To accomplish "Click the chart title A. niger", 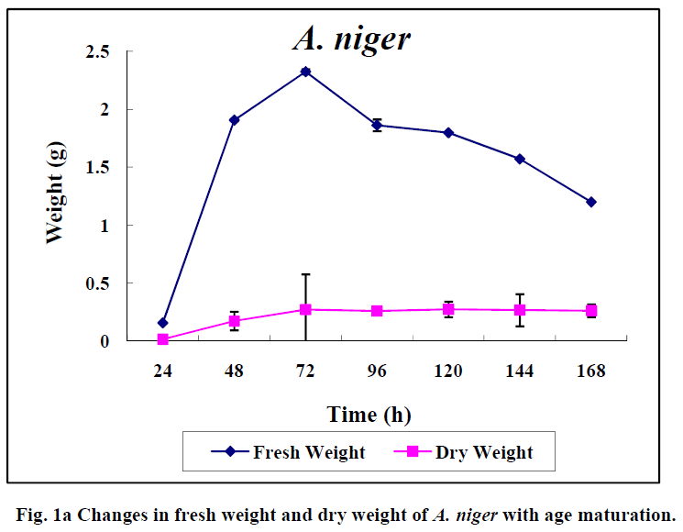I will pyautogui.click(x=351, y=39).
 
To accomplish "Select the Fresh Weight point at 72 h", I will pyautogui.click(x=305, y=72).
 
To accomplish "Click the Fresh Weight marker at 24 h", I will pyautogui.click(x=162, y=323).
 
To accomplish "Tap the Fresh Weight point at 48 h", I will pyautogui.click(x=234, y=120).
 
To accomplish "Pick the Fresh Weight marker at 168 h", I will pyautogui.click(x=591, y=202).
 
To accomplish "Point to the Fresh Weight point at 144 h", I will pyautogui.click(x=520, y=159).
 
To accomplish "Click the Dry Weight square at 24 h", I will pyautogui.click(x=162, y=339).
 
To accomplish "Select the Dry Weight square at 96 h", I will pyautogui.click(x=377, y=311).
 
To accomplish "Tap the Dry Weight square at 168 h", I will pyautogui.click(x=591, y=311).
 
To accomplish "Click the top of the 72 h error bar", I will pyautogui.click(x=305, y=274).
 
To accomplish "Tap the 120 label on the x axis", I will pyautogui.click(x=448, y=371).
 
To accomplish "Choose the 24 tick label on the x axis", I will pyautogui.click(x=162, y=371).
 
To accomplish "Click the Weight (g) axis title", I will pyautogui.click(x=56, y=197).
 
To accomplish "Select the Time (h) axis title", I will pyautogui.click(x=369, y=415).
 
